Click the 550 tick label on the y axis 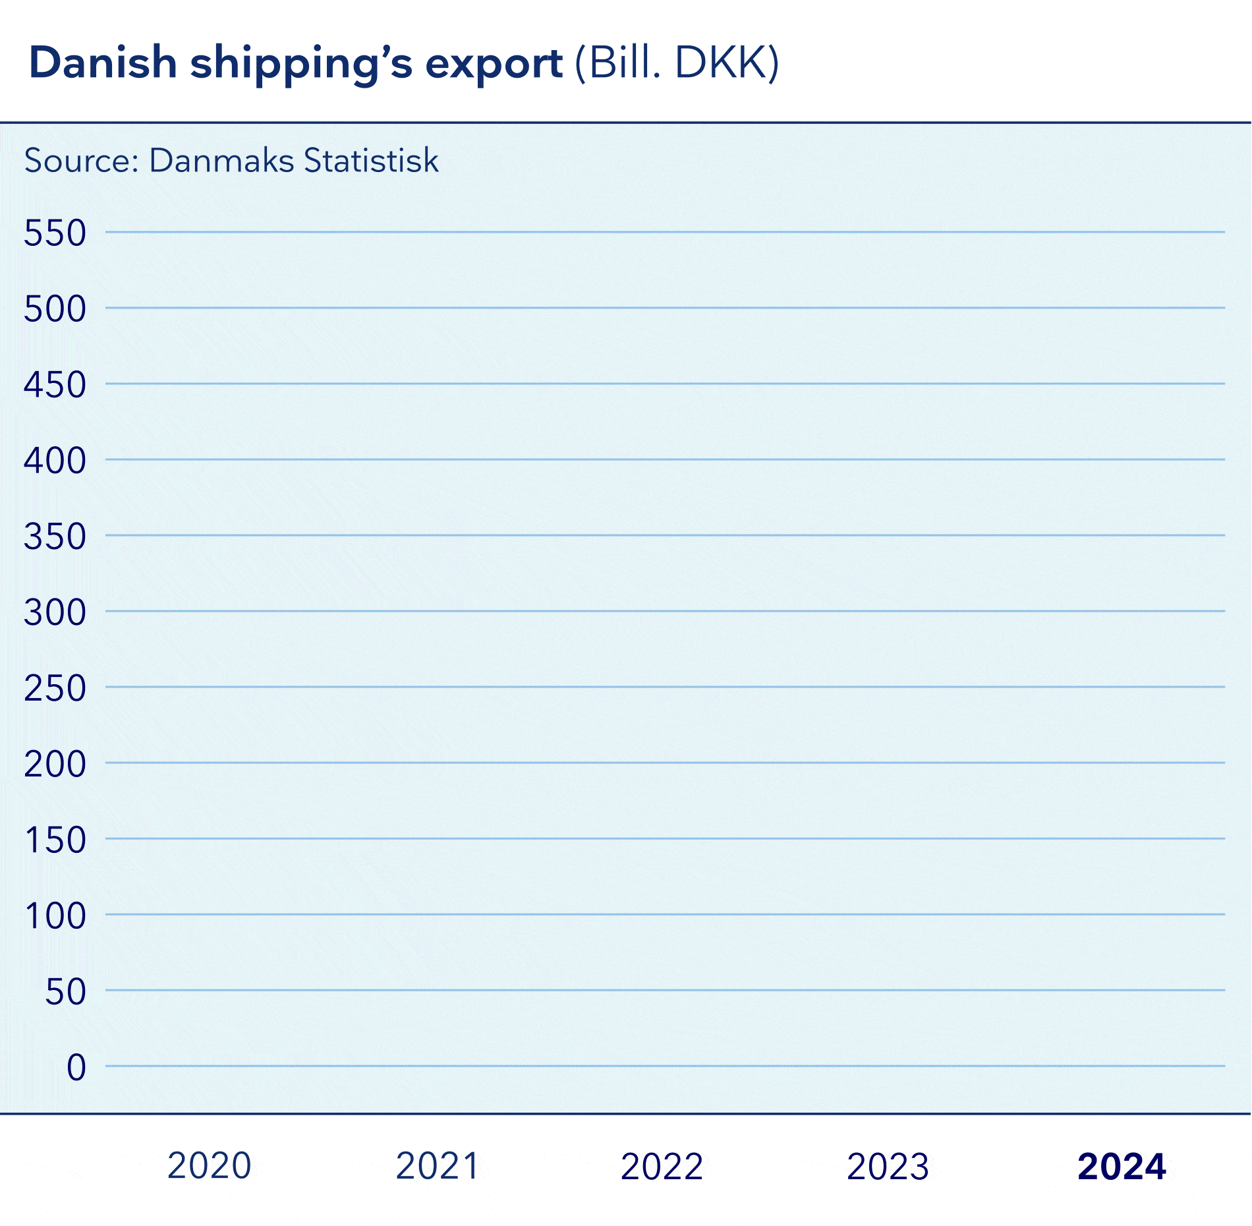click(55, 233)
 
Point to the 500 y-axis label click(55, 309)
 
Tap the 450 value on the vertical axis click(55, 385)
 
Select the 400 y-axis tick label click(55, 461)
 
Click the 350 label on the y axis click(55, 537)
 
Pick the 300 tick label click(55, 613)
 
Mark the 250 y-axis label click(55, 689)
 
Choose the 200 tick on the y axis click(55, 765)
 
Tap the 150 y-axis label click(55, 840)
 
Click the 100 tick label click(55, 916)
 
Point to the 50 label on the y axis click(65, 992)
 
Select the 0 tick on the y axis click(76, 1068)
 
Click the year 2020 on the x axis click(210, 1165)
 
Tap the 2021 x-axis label click(437, 1165)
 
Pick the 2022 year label click(662, 1166)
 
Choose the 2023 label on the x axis click(888, 1166)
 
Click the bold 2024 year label click(1122, 1166)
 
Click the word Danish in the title click(103, 63)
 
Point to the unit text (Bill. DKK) click(677, 63)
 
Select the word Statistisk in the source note click(371, 160)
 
